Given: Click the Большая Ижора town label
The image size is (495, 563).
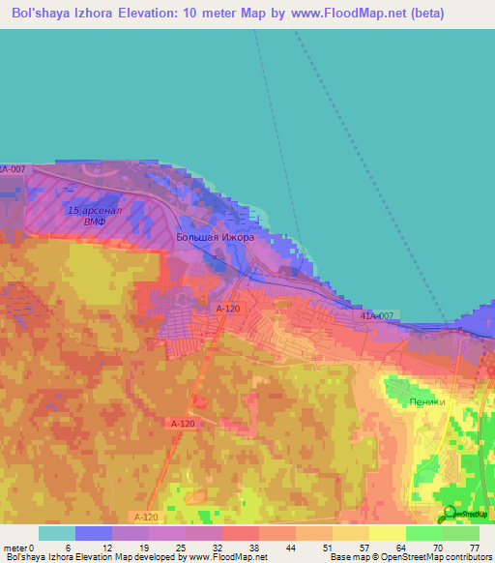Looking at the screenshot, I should point(215,236).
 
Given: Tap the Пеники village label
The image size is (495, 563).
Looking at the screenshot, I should point(426,401).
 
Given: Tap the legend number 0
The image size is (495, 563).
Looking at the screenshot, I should point(40,548).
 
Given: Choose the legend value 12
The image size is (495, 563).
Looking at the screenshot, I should point(112,548).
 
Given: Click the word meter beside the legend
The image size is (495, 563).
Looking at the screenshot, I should point(17,548).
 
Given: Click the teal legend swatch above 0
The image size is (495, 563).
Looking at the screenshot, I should point(56,533).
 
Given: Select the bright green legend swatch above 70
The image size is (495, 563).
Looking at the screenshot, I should point(423,533).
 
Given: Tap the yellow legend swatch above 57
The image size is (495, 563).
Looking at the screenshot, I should point(350,533).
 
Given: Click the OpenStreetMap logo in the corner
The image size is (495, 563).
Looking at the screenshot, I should point(461,514).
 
